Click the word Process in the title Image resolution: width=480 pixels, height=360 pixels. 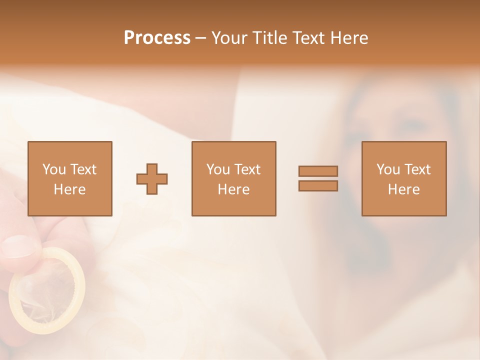point(157,38)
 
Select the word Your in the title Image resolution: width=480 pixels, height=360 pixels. point(229,38)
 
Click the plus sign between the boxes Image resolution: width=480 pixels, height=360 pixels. point(152,178)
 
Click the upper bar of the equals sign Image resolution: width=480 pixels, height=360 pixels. point(318,171)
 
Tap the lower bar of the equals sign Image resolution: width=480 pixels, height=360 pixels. point(318,185)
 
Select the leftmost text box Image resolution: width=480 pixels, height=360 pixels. point(69,178)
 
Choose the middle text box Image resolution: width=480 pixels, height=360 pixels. point(233,178)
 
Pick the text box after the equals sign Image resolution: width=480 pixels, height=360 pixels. point(403,178)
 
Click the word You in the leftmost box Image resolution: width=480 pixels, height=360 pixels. point(54,169)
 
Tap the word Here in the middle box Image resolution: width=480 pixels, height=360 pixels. point(233,189)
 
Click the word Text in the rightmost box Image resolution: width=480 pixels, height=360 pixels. point(417,169)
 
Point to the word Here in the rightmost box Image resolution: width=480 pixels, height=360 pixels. point(403,189)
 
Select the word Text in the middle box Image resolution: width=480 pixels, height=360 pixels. point(247,169)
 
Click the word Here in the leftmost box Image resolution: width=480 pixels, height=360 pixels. point(69,189)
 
